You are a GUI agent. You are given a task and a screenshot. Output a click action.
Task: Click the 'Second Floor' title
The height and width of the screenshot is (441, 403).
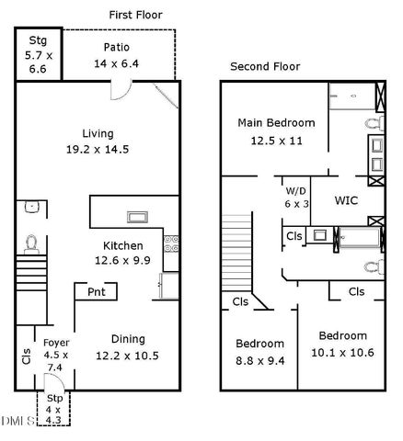[264, 66]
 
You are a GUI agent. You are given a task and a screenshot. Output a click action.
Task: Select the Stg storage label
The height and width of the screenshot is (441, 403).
[38, 40]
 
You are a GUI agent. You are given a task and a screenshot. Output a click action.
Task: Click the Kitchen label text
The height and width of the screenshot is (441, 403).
[121, 246]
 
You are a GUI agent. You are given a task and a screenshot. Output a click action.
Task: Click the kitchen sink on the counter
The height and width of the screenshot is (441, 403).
[138, 217]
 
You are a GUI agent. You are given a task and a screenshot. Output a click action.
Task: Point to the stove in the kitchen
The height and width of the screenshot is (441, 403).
[170, 243]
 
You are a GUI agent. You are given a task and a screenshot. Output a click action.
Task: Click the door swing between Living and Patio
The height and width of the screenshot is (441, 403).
[120, 89]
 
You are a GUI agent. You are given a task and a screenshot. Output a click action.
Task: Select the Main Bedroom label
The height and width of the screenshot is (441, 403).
[276, 122]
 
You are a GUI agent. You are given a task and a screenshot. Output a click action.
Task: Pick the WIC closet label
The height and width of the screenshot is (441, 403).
[346, 199]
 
